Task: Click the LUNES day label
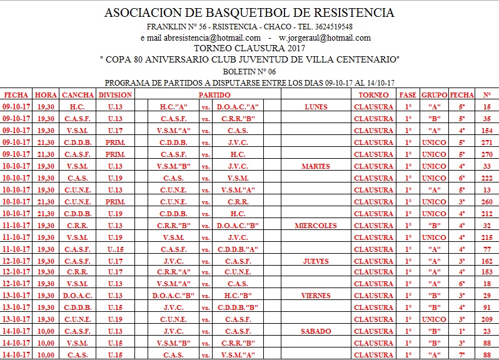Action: [316, 107]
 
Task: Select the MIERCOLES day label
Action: [316, 226]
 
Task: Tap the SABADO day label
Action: [316, 332]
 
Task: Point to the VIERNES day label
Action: [316, 296]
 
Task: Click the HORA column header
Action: [46, 95]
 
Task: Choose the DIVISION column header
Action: [115, 95]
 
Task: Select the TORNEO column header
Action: [373, 95]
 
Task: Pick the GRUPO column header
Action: [435, 95]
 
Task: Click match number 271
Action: [486, 142]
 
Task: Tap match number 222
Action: [486, 178]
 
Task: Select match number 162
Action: [486, 261]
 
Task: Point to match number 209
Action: [486, 320]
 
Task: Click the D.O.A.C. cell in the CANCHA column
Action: [78, 296]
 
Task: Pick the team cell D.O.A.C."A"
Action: [238, 107]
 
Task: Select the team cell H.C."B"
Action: [238, 296]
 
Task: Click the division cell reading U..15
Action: [115, 249]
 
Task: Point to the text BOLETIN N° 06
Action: [249, 71]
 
